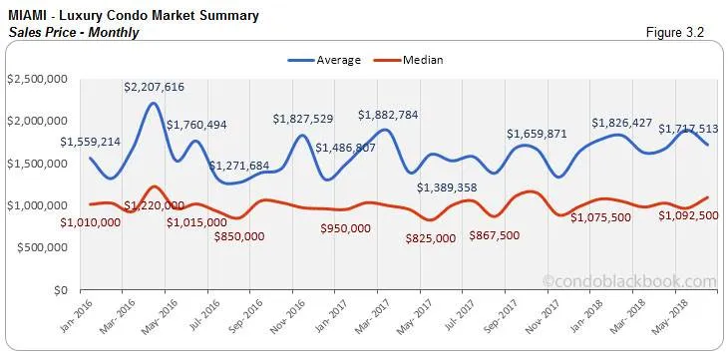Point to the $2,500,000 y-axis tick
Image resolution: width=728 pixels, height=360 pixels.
(x=39, y=79)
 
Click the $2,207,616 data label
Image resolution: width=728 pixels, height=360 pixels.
(x=155, y=87)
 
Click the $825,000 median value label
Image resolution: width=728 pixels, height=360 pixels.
(x=431, y=238)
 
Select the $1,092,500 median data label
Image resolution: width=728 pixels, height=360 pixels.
(x=689, y=216)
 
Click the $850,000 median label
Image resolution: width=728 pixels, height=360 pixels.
(x=239, y=236)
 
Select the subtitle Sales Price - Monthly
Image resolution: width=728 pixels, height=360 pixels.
(x=72, y=32)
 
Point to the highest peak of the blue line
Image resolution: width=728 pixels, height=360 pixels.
(x=153, y=103)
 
